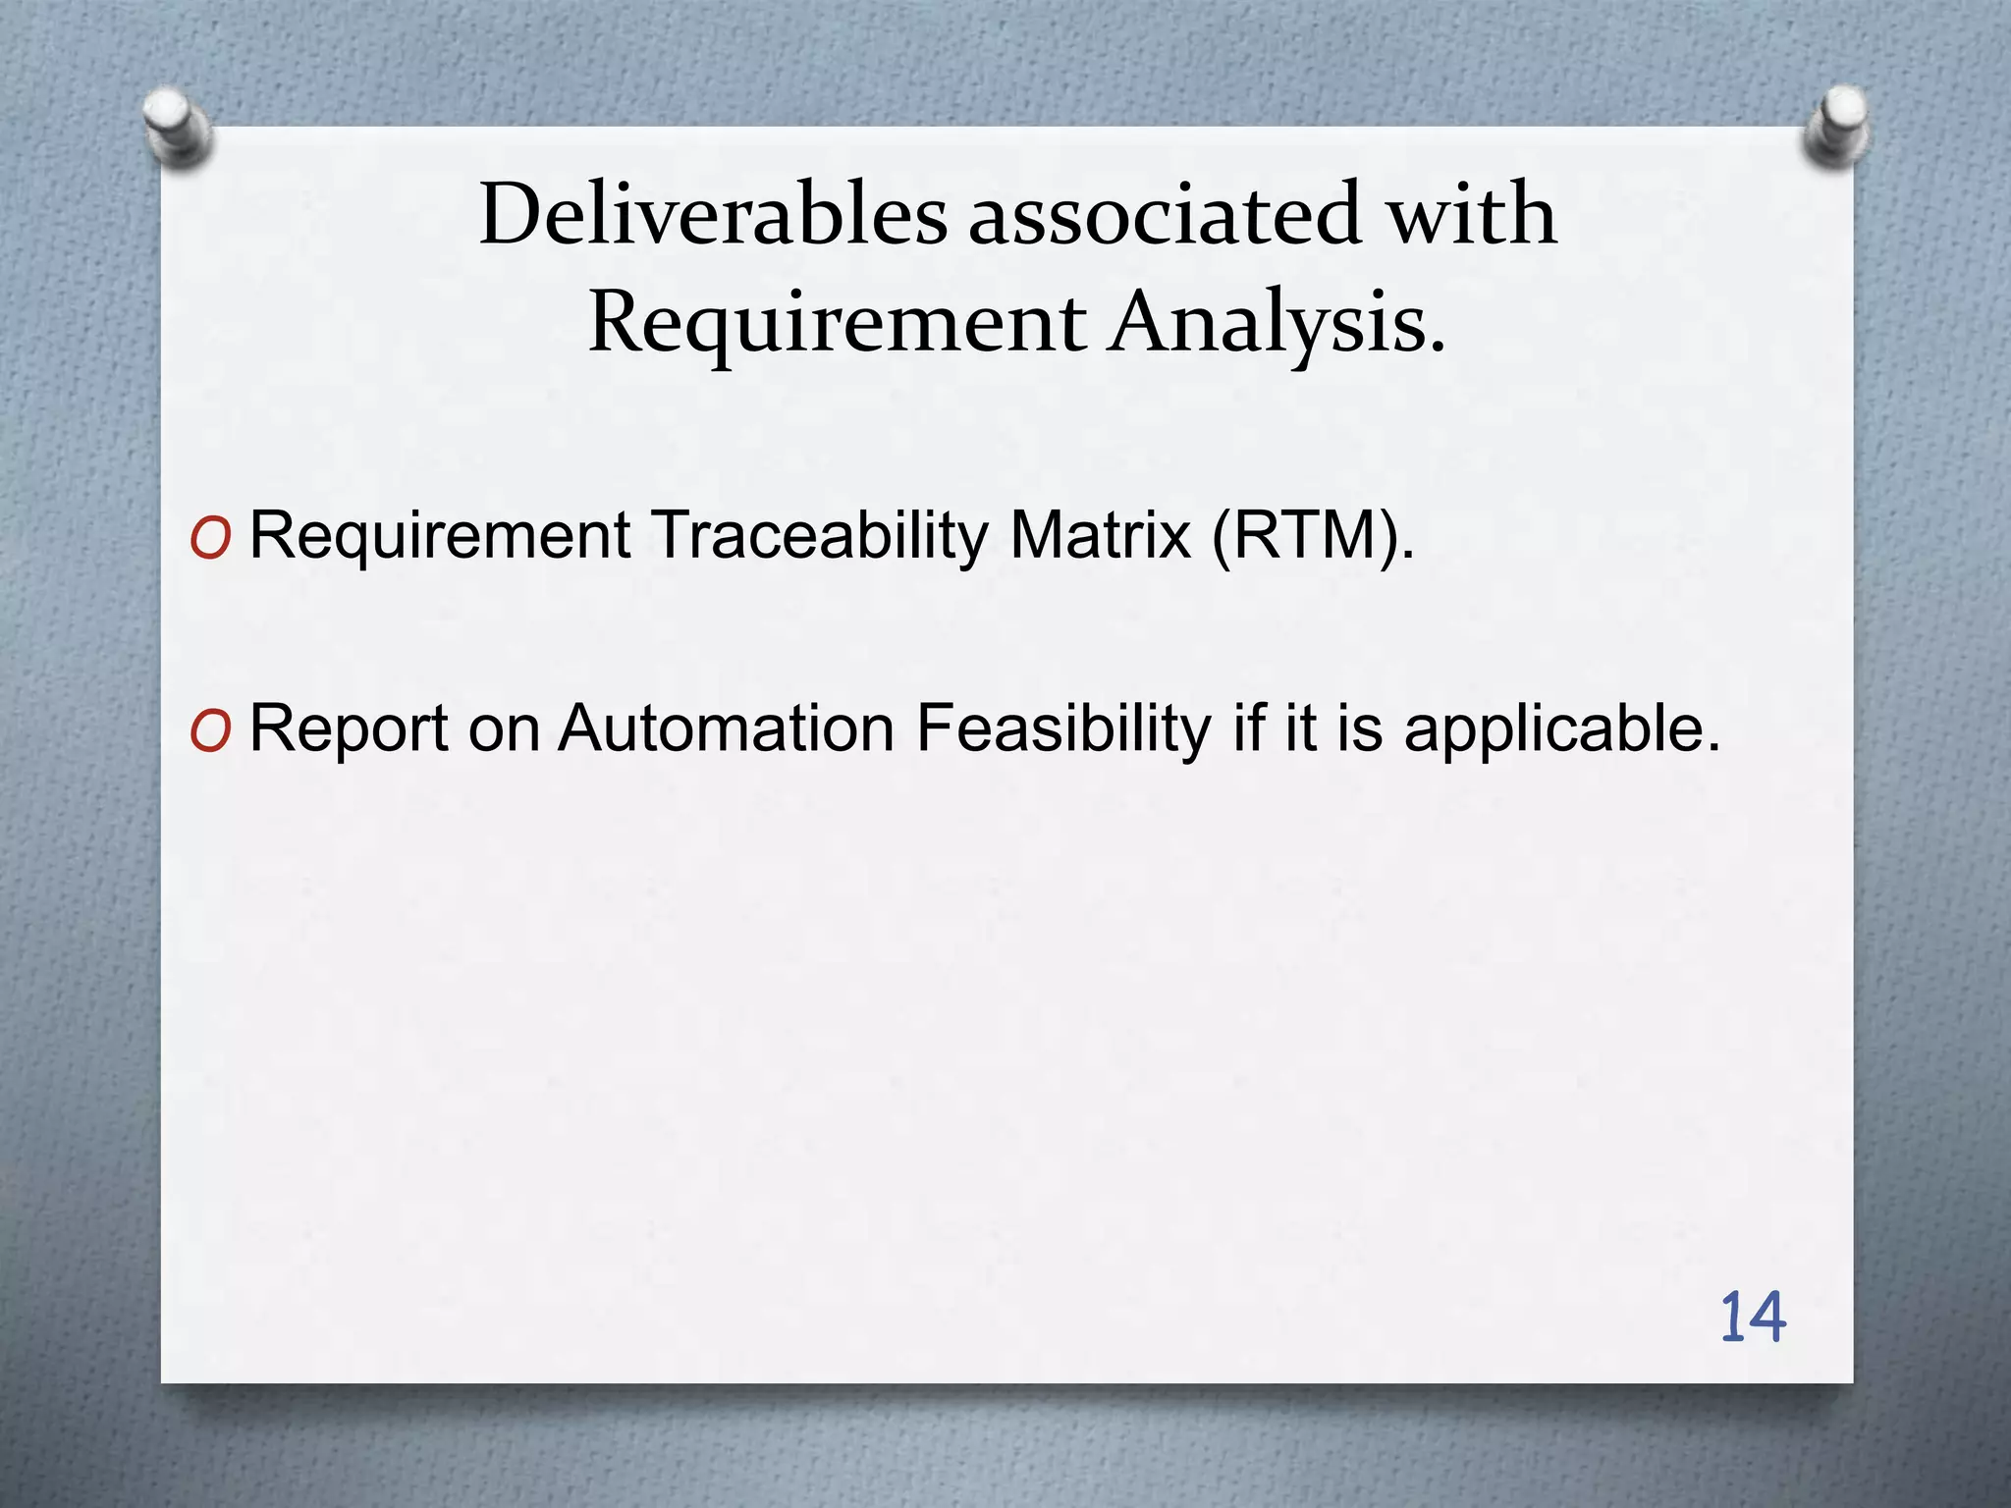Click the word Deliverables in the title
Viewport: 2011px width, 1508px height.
tap(713, 215)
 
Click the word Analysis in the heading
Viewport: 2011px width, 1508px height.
tap(1277, 324)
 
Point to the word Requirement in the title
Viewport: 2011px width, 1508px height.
tap(837, 324)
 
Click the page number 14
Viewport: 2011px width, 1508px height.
tap(1752, 1318)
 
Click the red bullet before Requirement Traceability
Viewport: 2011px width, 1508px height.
tap(211, 538)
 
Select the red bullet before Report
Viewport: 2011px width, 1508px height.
tap(211, 731)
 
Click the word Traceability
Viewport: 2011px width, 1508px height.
tap(821, 536)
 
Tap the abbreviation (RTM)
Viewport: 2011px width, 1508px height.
tap(1312, 536)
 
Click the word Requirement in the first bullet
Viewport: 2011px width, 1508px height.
tap(440, 536)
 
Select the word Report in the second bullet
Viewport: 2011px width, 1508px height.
tap(348, 729)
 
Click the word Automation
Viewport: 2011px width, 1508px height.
tap(726, 729)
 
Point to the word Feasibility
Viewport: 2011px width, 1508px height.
tap(1063, 729)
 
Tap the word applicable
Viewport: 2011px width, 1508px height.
tap(1561, 729)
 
